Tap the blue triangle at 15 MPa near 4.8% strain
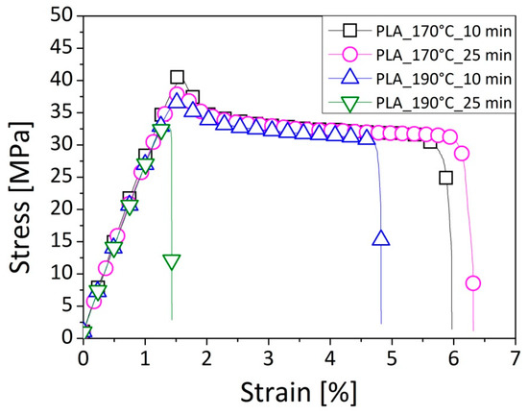(x=381, y=238)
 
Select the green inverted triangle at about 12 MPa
(x=172, y=262)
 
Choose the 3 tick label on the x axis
(x=269, y=356)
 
